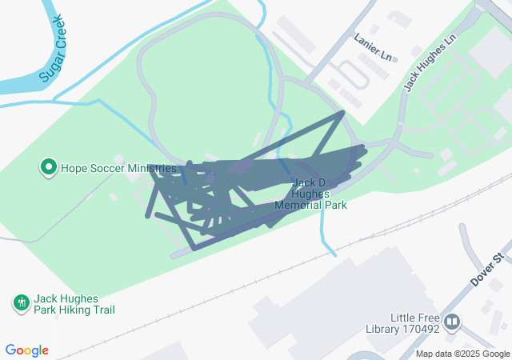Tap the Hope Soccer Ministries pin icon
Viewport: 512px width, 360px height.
pyautogui.click(x=49, y=168)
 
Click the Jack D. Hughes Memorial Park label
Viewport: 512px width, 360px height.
pyautogui.click(x=310, y=194)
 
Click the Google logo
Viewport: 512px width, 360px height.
pyautogui.click(x=27, y=350)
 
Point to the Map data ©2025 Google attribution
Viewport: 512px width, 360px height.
pyautogui.click(x=462, y=354)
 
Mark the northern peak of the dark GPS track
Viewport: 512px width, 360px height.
pyautogui.click(x=343, y=113)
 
